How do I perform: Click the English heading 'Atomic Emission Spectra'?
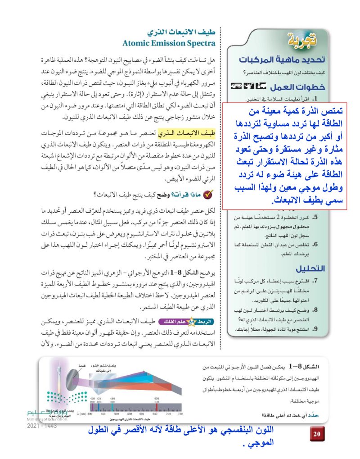170,43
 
